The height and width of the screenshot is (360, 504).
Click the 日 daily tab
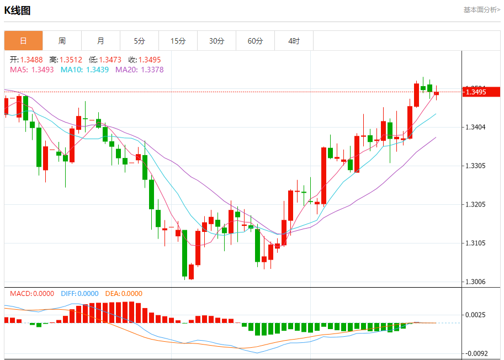(x=23, y=41)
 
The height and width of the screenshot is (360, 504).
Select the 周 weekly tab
(x=62, y=41)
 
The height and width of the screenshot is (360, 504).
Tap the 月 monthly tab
(x=100, y=41)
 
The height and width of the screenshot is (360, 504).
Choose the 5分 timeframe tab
(x=139, y=41)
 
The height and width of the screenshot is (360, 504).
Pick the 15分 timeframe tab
(x=178, y=41)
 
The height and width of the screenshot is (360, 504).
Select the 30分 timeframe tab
(x=216, y=41)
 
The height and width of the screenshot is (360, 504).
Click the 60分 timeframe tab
(x=255, y=41)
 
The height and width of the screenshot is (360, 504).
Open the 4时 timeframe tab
(x=294, y=41)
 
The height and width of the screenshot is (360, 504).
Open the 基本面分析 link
(x=481, y=10)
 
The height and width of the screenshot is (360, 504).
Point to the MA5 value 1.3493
(x=43, y=70)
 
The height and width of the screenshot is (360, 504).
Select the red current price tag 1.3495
(x=480, y=92)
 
